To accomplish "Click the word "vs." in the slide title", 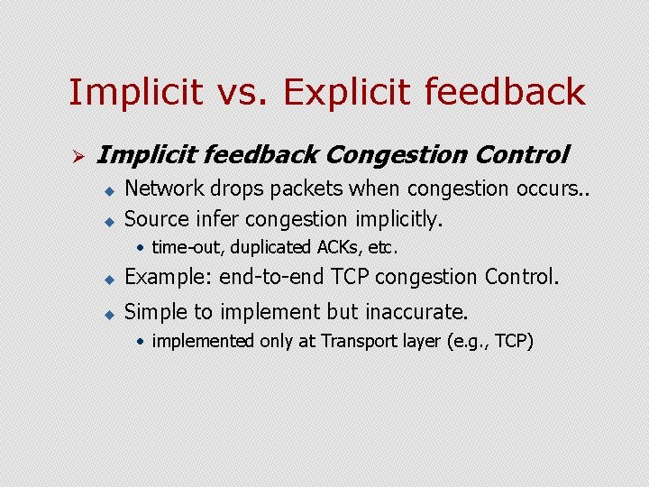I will pos(248,92).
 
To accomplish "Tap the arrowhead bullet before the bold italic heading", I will pos(78,158).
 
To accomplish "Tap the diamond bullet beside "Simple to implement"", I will pos(106,314).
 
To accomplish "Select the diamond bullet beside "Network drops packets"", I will pos(106,190).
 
